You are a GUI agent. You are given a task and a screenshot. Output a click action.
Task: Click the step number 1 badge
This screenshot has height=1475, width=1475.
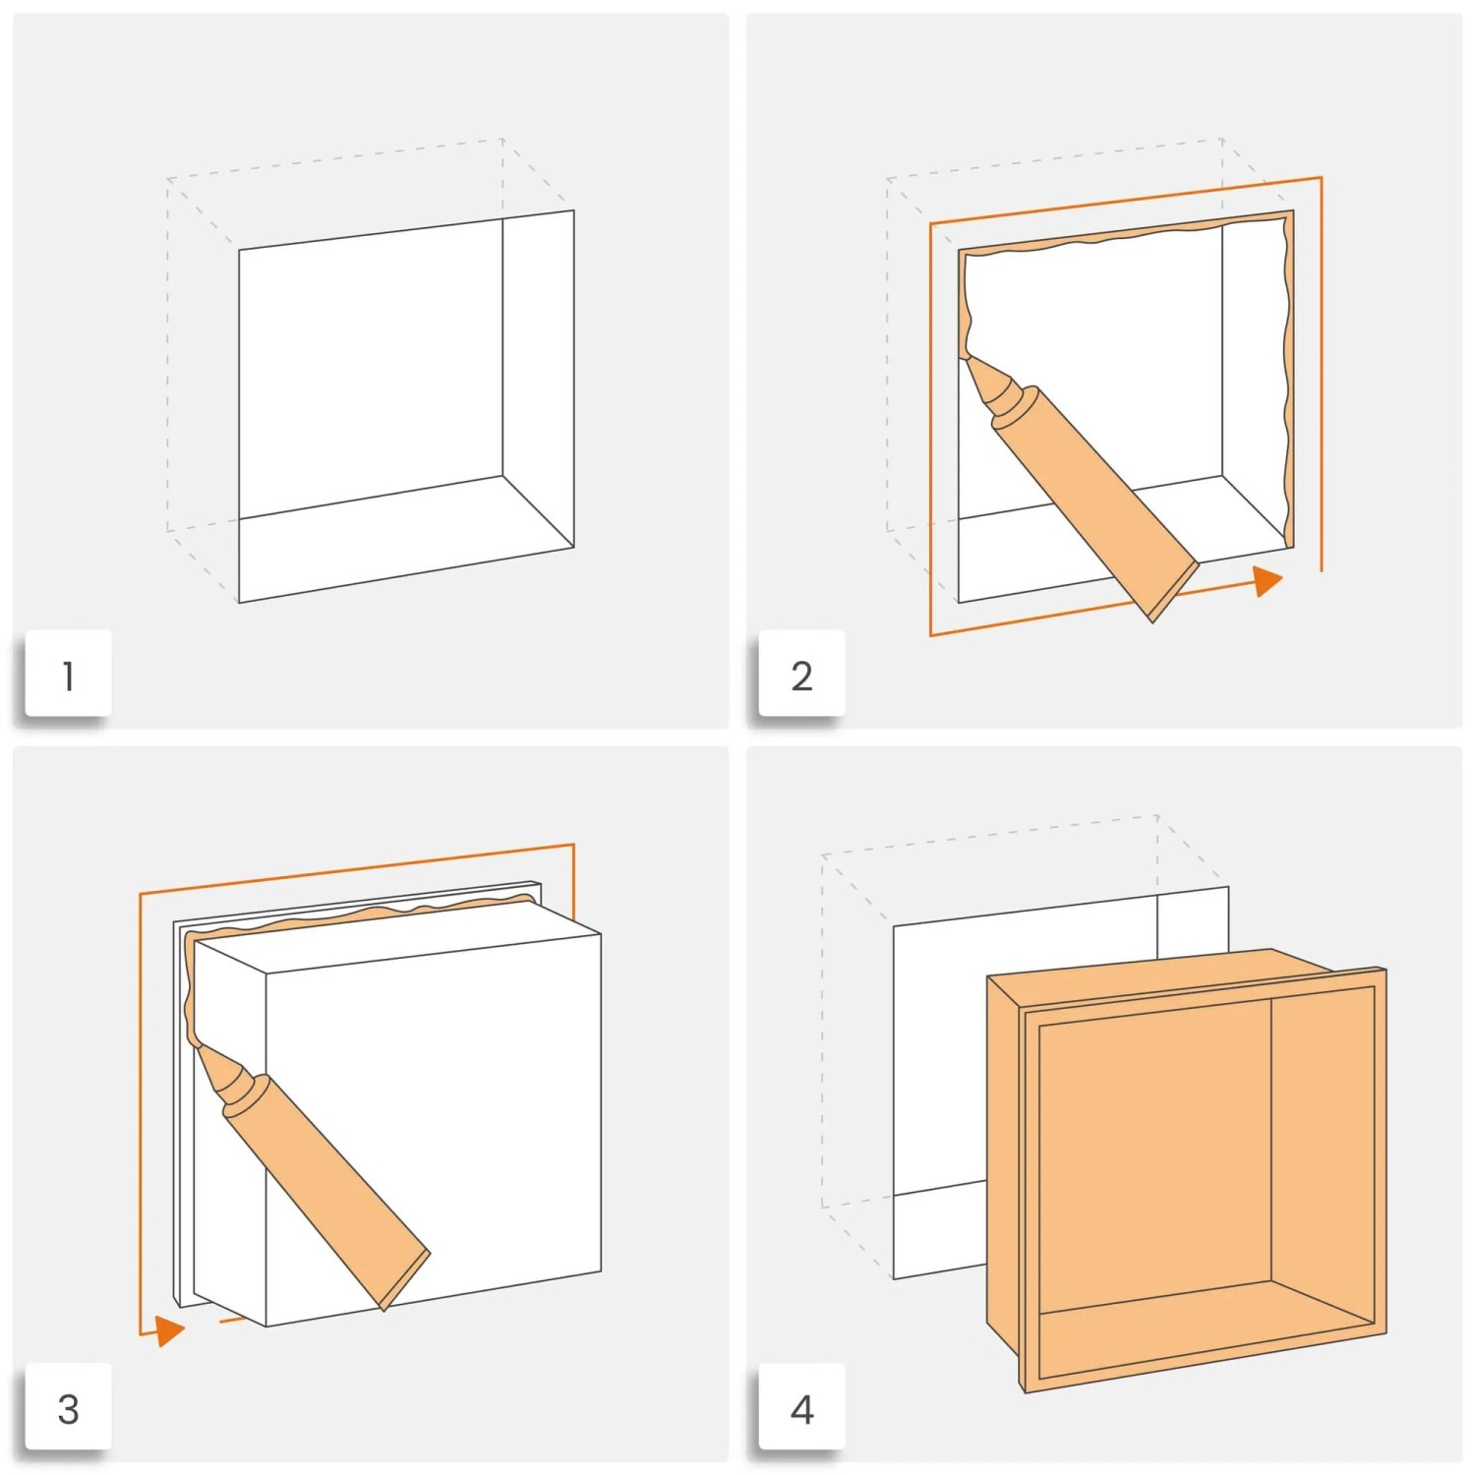[x=68, y=675]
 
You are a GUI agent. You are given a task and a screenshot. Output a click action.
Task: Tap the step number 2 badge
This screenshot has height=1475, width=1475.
[x=801, y=675]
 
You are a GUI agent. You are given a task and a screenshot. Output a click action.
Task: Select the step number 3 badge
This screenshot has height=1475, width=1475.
[x=68, y=1408]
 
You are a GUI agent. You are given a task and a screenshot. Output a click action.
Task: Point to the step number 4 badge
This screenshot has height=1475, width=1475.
[x=801, y=1408]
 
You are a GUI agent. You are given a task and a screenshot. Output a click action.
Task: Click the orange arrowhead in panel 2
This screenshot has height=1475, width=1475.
[x=1268, y=581]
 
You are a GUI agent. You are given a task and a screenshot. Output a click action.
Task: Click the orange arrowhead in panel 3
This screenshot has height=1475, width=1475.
[x=170, y=1331]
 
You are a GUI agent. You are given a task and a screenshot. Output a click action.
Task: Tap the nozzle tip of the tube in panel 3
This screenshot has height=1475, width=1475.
[x=203, y=1050]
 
